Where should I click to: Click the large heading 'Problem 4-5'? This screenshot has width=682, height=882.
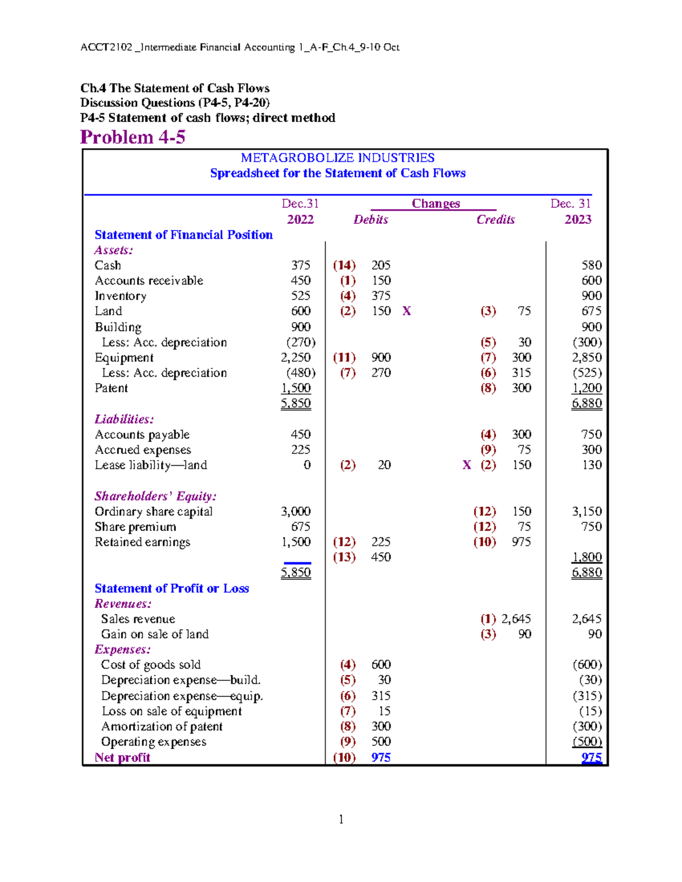pos(132,137)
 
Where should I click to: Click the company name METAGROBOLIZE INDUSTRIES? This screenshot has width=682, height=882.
pos(338,158)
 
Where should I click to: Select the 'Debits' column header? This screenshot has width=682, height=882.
pos(371,220)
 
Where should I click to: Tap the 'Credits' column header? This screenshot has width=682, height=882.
pos(495,220)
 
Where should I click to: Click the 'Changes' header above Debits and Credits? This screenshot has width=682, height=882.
pos(435,204)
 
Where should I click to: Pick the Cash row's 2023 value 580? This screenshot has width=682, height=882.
pos(591,265)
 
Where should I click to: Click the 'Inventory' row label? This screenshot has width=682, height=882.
pos(120,296)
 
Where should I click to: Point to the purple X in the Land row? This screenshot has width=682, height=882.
pos(406,311)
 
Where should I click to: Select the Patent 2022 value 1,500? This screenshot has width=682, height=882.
pos(296,388)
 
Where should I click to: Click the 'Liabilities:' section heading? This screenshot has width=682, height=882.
pos(124,419)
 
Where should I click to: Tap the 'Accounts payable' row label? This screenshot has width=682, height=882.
pos(142,434)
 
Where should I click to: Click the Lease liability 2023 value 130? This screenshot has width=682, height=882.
pos(591,465)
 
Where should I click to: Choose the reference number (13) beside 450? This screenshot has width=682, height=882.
pos(344,557)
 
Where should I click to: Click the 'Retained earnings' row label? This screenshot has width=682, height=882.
pos(142,542)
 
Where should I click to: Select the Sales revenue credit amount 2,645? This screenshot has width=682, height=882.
pos(516,619)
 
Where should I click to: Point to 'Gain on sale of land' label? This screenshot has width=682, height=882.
pos(155,634)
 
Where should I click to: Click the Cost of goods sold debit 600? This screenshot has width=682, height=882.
pos(381,665)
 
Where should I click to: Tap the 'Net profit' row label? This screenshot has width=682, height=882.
pos(122,758)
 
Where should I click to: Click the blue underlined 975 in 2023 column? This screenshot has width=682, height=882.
pos(591,758)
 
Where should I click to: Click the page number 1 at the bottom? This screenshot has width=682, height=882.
pos(341,819)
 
